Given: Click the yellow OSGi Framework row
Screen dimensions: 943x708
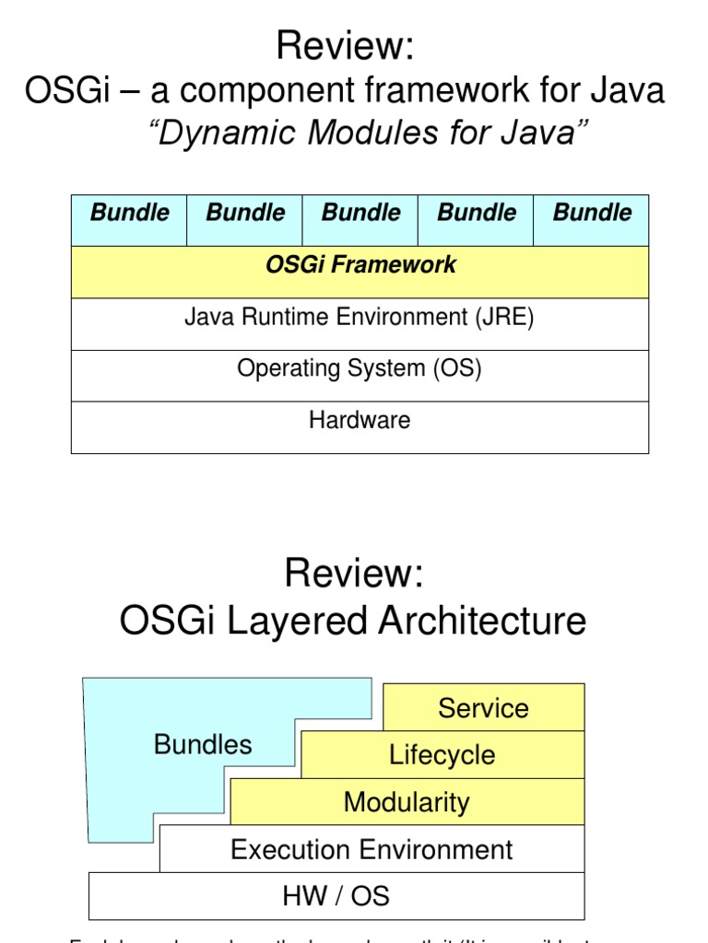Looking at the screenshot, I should pyautogui.click(x=360, y=272).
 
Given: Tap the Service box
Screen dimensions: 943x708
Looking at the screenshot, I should pyautogui.click(x=483, y=708).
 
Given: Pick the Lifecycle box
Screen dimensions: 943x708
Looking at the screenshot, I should pyautogui.click(x=442, y=755).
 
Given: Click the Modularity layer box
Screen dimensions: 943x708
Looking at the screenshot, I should pyautogui.click(x=407, y=802).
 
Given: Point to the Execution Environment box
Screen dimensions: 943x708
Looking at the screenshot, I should pyautogui.click(x=372, y=849).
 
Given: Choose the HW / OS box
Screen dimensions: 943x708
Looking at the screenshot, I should pyautogui.click(x=336, y=896).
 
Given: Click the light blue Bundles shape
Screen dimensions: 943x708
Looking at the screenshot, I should pyautogui.click(x=203, y=744).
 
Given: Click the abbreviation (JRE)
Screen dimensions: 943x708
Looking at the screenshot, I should pyautogui.click(x=504, y=318).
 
